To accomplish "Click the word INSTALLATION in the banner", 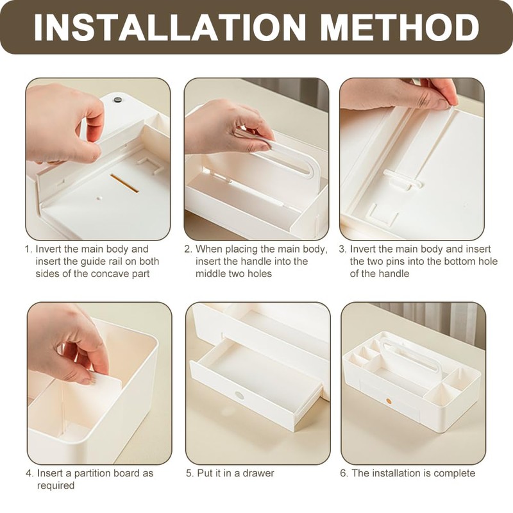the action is (170, 27).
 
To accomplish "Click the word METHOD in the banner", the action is (399, 27).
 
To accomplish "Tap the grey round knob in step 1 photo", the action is (117, 99).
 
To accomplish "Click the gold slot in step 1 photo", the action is (124, 183).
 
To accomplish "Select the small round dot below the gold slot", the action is (99, 198).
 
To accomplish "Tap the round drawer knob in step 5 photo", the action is (239, 396).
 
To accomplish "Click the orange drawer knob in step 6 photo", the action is (389, 401).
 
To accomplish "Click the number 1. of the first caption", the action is (29, 249).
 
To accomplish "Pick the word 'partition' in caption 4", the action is (92, 473).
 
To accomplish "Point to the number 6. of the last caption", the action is (344, 473).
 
